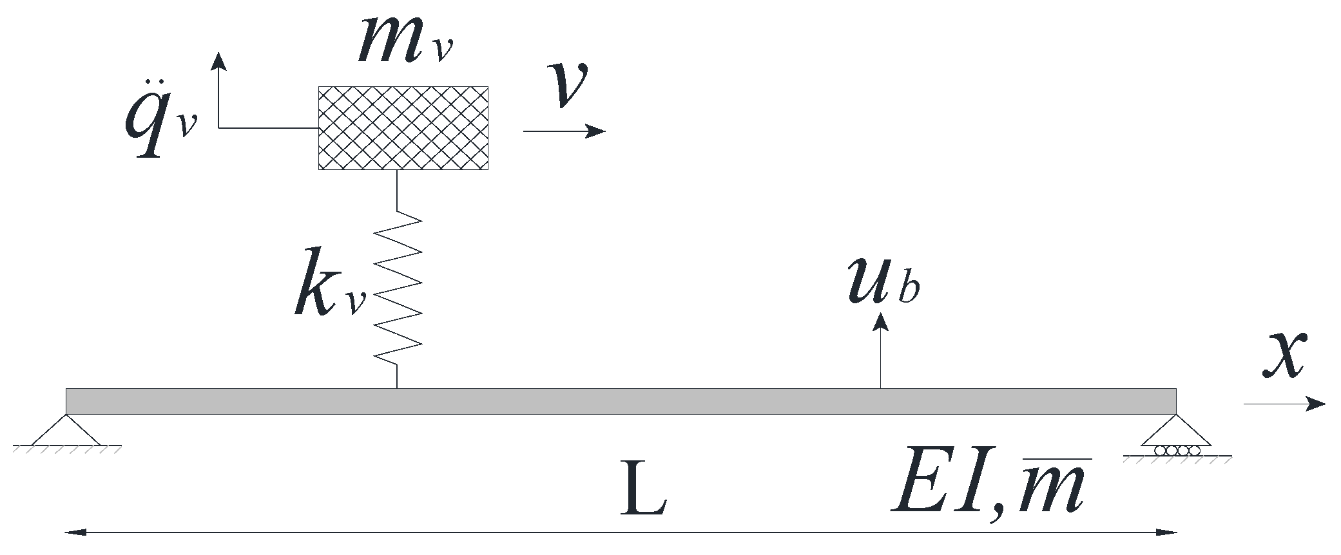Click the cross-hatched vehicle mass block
(403, 127)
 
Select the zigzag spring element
(398, 287)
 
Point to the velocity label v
(566, 84)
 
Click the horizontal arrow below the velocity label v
(564, 131)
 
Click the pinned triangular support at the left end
(66, 430)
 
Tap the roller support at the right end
(1177, 438)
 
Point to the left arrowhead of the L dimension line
(74, 532)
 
